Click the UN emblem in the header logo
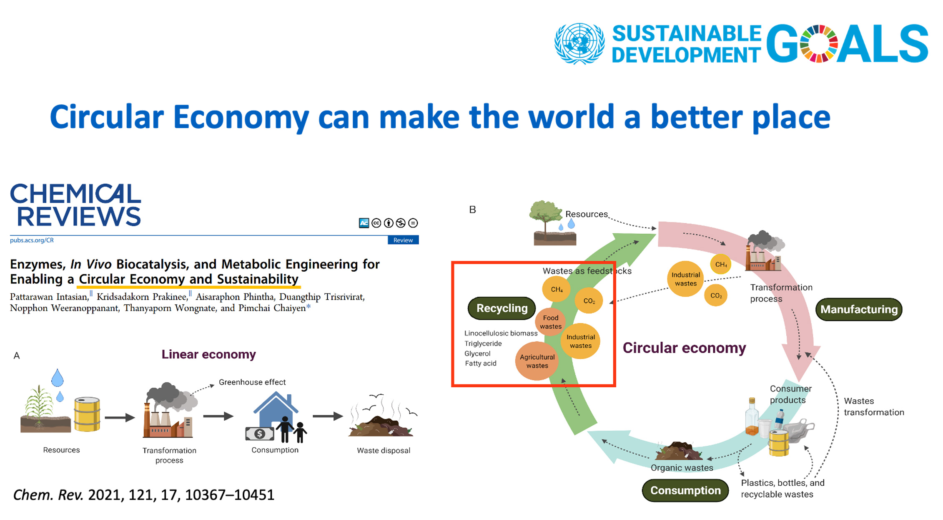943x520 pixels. point(579,44)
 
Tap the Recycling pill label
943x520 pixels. point(502,308)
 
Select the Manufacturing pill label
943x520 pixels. point(859,309)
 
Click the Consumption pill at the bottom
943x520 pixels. point(685,490)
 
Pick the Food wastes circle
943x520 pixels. point(550,322)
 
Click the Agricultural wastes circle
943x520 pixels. point(537,361)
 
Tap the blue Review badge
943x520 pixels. point(403,240)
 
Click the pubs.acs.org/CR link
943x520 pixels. point(32,240)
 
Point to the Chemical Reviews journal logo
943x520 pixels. point(75,205)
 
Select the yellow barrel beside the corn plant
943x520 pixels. point(87,414)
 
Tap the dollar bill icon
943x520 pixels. point(260,434)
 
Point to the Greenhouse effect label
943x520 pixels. point(252,382)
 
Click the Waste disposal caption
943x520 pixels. point(384,450)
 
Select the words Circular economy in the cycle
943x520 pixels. point(684,348)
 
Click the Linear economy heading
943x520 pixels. point(208,354)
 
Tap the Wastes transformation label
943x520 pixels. point(874,406)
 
